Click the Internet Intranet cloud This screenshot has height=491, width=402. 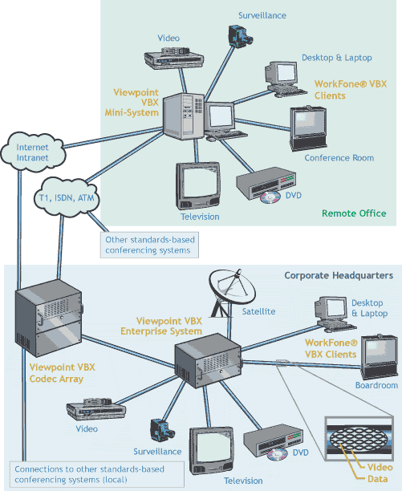point(33,152)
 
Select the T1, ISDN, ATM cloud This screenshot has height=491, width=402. point(67,197)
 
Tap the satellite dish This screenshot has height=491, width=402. point(232,292)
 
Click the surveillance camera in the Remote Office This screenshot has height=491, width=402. point(240,36)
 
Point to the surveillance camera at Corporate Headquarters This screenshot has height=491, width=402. point(162,430)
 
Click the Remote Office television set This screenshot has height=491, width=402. point(198,185)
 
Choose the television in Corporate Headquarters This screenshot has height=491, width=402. point(212,450)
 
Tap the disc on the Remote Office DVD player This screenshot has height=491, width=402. point(270,197)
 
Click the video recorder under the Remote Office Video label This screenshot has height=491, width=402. point(174,57)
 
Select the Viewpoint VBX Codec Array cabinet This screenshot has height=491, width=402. point(49,319)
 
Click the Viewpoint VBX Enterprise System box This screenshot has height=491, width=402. point(208,360)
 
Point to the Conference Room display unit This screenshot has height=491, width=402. point(308,128)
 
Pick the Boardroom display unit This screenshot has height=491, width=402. point(380,357)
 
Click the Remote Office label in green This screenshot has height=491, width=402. point(354,213)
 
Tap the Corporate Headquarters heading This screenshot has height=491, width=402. point(339,275)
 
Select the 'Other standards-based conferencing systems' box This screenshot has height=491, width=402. point(149,245)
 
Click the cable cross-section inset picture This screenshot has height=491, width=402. point(359,439)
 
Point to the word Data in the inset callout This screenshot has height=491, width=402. point(378,479)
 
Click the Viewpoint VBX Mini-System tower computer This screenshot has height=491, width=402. point(184,116)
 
